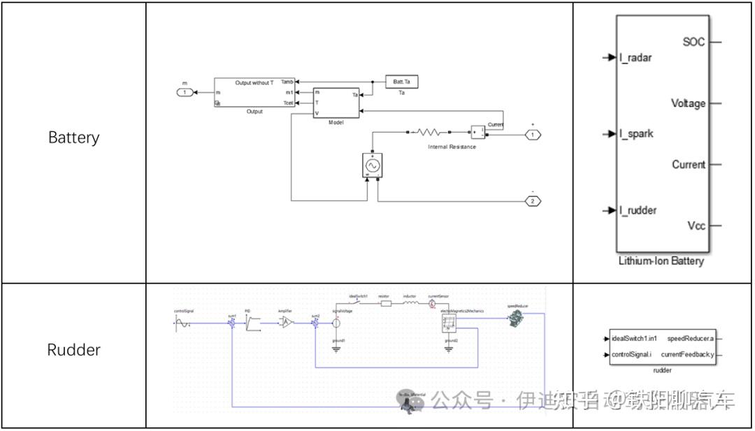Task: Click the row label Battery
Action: (73, 138)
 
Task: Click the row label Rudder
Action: (73, 349)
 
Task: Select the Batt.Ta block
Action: (401, 82)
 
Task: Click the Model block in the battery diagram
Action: (336, 103)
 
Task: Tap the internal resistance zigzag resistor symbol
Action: (427, 131)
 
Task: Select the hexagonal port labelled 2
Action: (533, 201)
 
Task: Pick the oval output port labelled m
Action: (185, 92)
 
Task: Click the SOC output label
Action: (693, 43)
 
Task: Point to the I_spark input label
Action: (635, 133)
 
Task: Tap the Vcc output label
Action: (696, 226)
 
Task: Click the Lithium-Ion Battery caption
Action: (661, 261)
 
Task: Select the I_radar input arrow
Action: (608, 57)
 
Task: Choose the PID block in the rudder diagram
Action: (252, 322)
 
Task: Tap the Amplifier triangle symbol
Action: (285, 322)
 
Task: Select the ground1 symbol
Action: (336, 347)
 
